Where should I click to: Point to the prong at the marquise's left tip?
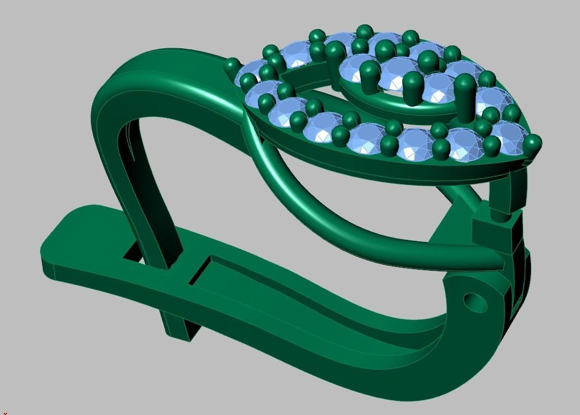[x=232, y=66]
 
